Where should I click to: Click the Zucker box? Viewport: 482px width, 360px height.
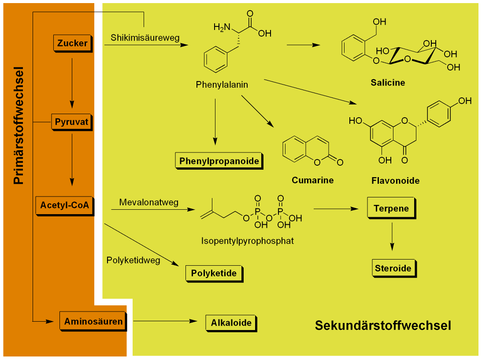(x=72, y=43)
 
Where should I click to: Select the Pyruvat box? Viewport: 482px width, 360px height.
(x=72, y=122)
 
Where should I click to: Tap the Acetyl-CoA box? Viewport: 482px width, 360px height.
(x=64, y=205)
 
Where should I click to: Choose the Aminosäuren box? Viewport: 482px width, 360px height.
(x=93, y=321)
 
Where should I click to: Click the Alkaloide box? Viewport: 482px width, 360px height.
(x=231, y=323)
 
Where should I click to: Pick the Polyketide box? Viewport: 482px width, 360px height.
(x=214, y=273)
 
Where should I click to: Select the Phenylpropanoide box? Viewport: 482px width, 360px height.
(x=219, y=161)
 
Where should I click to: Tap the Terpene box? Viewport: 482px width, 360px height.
(x=391, y=208)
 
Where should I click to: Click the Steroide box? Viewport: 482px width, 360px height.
(x=393, y=268)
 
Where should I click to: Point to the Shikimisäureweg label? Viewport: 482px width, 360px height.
(x=145, y=37)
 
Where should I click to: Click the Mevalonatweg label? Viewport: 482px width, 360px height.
(x=149, y=202)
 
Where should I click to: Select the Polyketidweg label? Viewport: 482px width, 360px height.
(x=133, y=260)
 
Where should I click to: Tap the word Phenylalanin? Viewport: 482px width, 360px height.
(x=222, y=85)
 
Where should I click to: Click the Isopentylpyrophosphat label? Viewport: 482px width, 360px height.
(x=248, y=241)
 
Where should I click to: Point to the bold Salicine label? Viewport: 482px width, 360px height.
(x=388, y=82)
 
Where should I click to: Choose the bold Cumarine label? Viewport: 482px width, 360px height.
(x=313, y=180)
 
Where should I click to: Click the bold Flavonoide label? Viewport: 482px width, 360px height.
(x=395, y=181)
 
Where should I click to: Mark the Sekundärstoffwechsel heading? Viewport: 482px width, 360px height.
(x=383, y=326)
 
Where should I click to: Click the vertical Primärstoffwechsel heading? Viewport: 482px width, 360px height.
(x=18, y=126)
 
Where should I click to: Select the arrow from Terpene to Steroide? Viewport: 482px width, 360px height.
(x=392, y=236)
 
